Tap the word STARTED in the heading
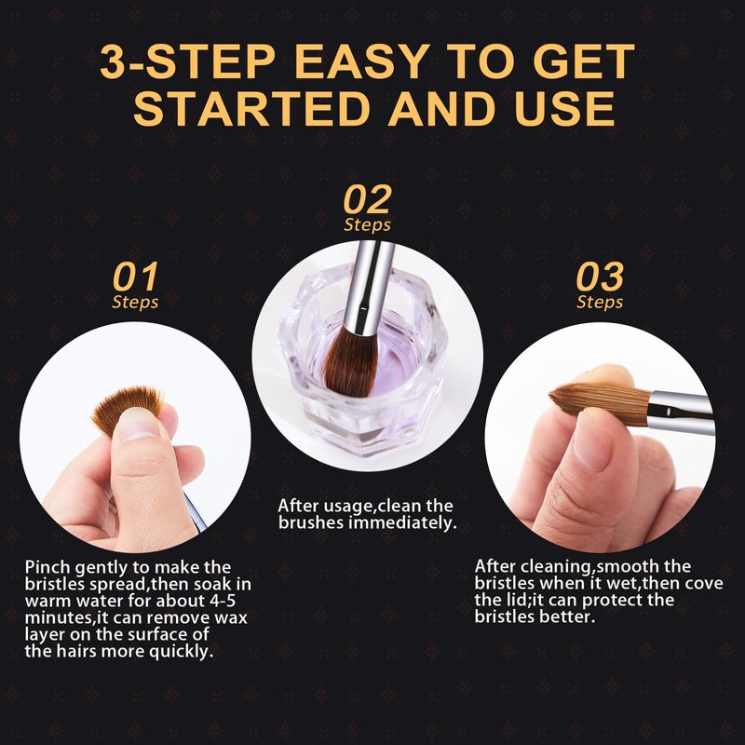coord(251,108)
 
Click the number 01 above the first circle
coord(135,277)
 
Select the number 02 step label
coord(367,199)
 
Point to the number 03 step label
coord(600,277)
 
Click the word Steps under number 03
coord(600,302)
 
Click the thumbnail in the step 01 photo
coord(138,424)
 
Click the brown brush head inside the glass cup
coord(350,362)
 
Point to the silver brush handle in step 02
coord(369,286)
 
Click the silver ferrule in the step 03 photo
coord(682,412)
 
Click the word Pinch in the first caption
coord(48,567)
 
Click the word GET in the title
coord(584,61)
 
